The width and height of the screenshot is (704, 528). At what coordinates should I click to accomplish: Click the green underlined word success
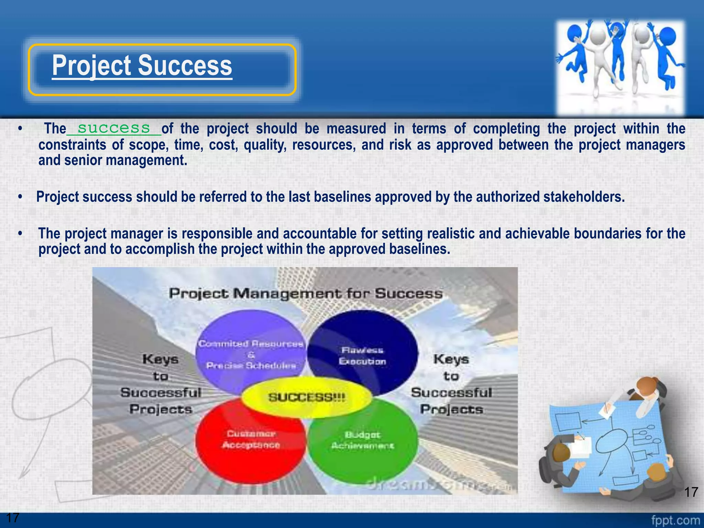pos(114,128)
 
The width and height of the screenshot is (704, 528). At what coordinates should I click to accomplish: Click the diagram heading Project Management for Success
pos(306,294)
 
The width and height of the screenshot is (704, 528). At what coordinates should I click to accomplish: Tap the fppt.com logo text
pos(675,520)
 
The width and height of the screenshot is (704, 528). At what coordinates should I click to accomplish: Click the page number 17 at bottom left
pos(13,517)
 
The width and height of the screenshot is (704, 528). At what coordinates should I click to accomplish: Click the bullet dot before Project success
pos(21,197)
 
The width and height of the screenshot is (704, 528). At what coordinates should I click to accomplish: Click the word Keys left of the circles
pos(161,359)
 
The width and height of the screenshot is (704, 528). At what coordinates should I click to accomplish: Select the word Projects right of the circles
pos(452,409)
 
